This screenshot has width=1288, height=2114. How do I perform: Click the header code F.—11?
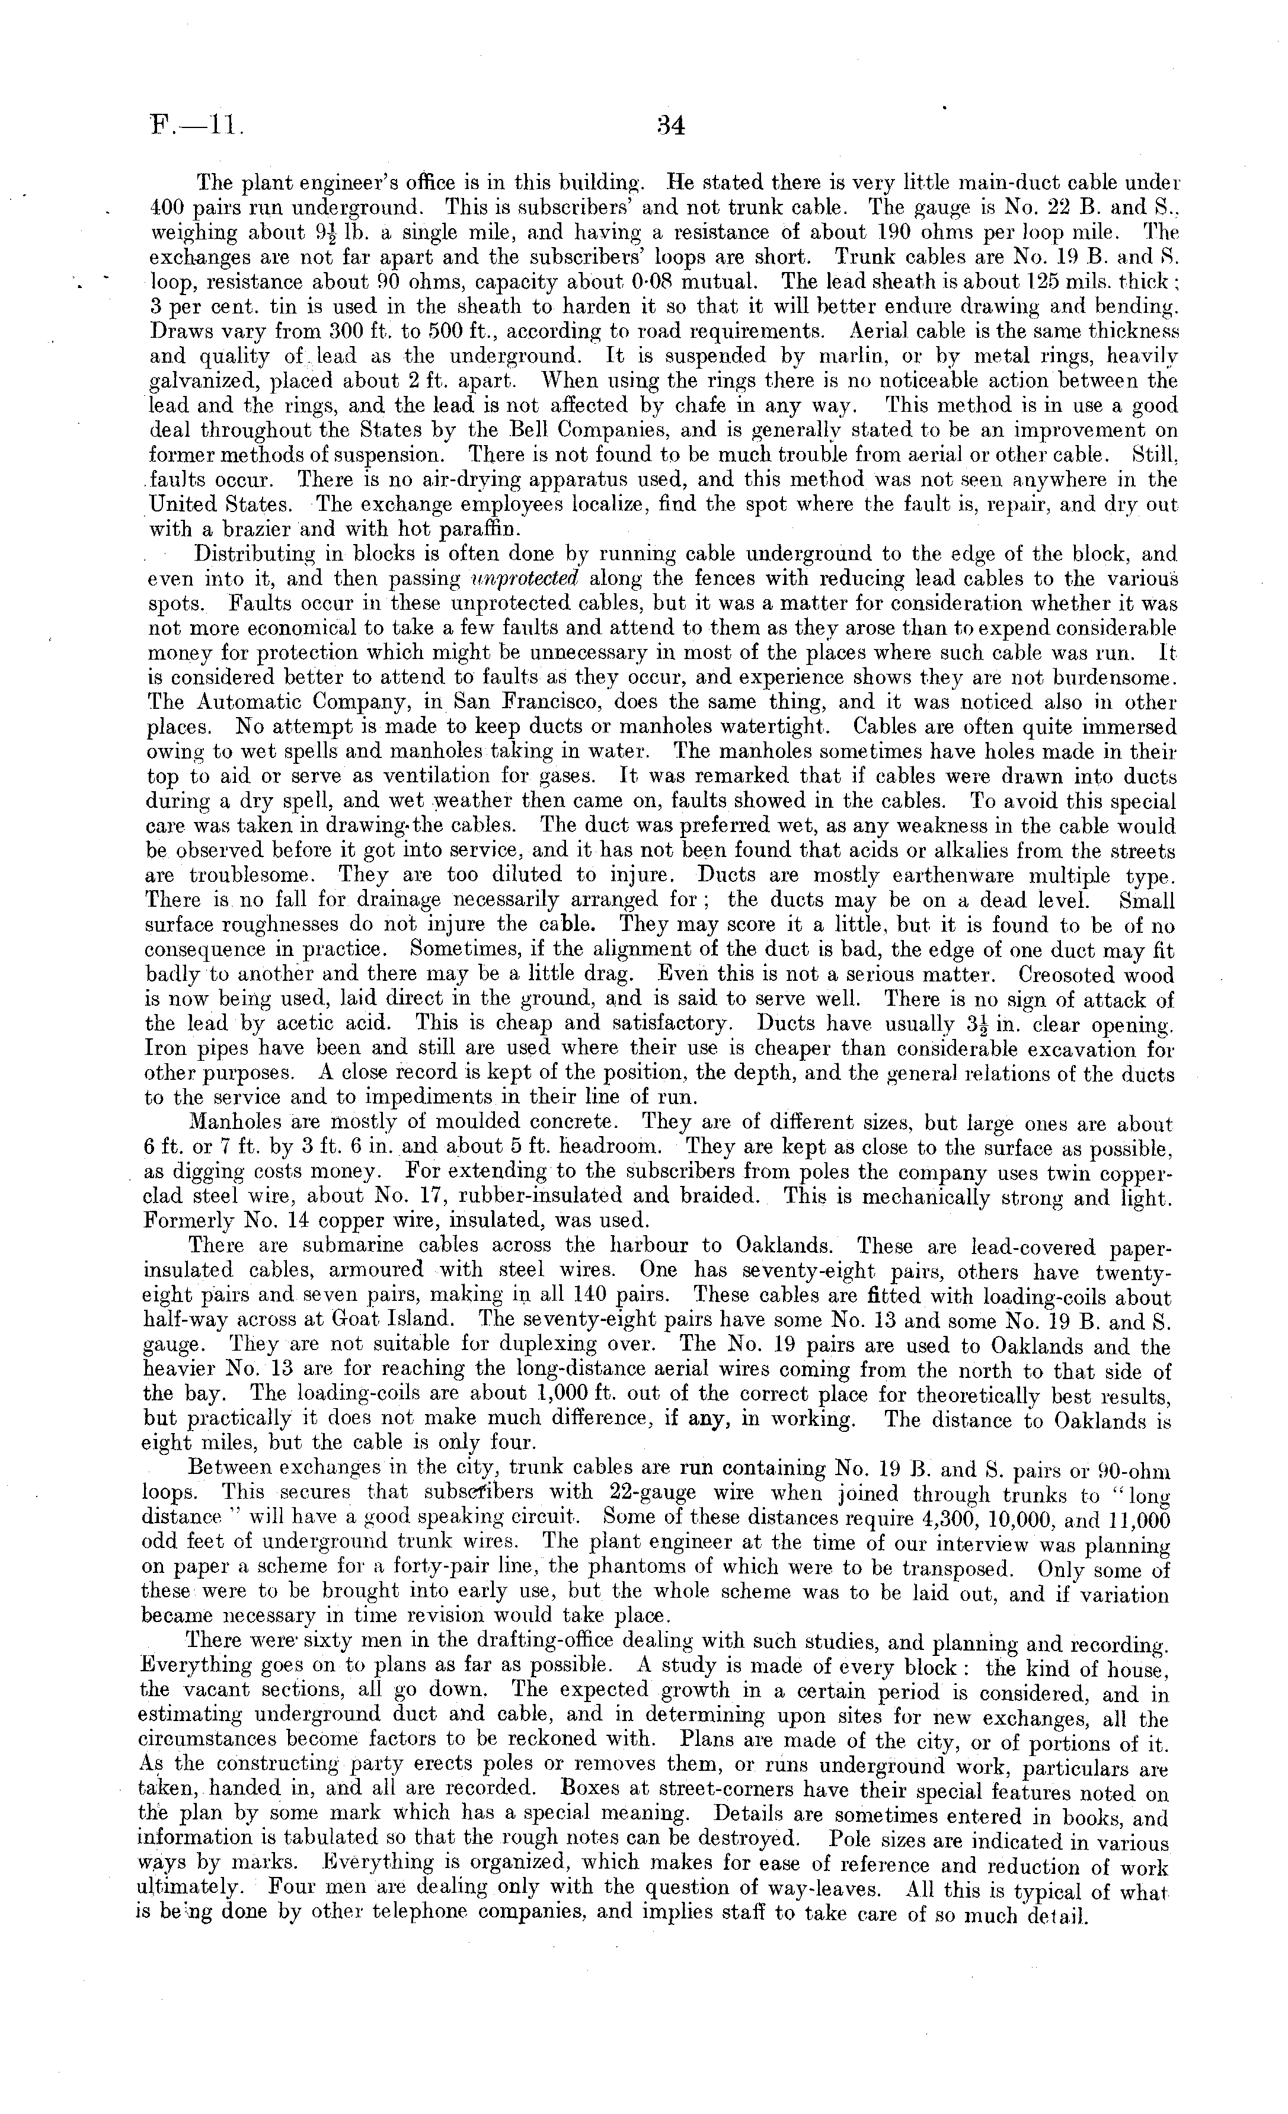pos(197,127)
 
